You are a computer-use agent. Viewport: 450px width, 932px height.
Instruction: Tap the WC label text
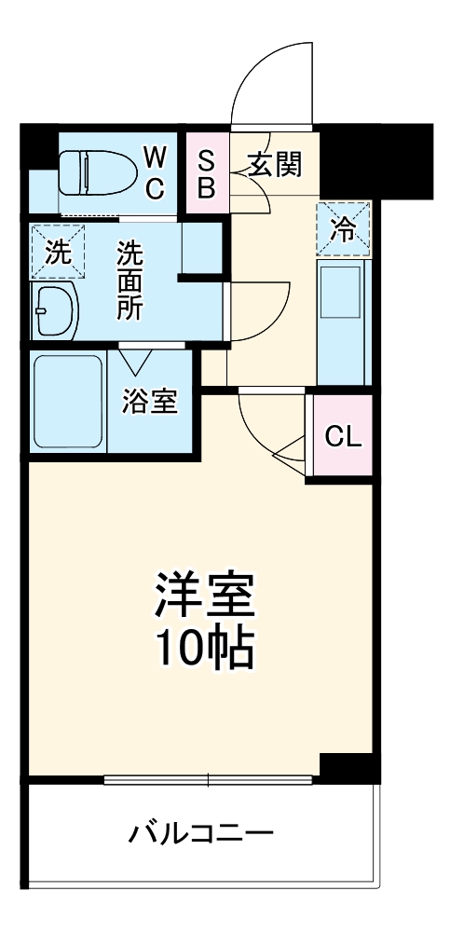pyautogui.click(x=156, y=172)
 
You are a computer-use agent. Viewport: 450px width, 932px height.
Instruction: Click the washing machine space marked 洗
pyautogui.click(x=57, y=252)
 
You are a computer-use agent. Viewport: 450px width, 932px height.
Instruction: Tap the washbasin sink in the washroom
pyautogui.click(x=57, y=310)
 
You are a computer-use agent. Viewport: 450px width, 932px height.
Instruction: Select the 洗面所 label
pyautogui.click(x=130, y=281)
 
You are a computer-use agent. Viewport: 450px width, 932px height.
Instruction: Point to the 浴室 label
pyautogui.click(x=149, y=402)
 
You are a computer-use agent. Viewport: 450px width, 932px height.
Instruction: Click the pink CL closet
pyautogui.click(x=342, y=436)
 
